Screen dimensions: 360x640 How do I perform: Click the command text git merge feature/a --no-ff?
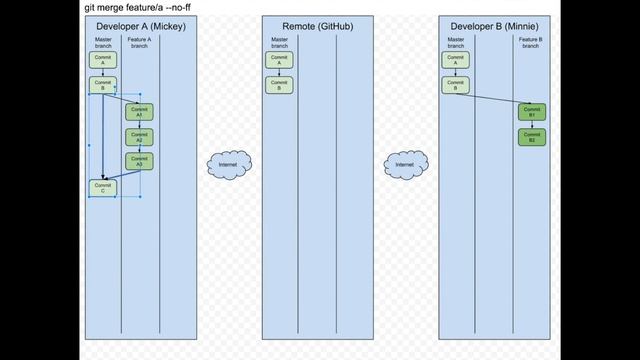(138, 7)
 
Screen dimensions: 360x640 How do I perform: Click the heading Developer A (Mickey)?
(141, 25)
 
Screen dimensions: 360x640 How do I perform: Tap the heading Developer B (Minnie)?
(495, 25)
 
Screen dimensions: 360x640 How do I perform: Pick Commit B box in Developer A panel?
(101, 85)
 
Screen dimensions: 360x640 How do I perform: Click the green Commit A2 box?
(139, 137)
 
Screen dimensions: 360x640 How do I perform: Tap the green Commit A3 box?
(139, 161)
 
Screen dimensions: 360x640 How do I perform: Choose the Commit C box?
(101, 187)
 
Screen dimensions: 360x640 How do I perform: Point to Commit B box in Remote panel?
(279, 85)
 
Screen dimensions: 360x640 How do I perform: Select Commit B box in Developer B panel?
(455, 85)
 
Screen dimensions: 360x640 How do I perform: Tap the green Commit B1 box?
(531, 111)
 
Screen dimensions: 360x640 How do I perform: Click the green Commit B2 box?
(531, 137)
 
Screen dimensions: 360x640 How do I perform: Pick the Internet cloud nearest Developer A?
(227, 163)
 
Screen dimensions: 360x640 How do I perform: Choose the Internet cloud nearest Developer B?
(405, 163)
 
